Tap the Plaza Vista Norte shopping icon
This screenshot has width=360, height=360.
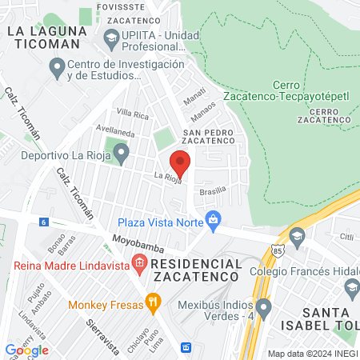213,218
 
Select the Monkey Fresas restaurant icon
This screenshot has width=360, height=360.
153,302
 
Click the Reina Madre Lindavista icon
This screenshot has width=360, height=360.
140,262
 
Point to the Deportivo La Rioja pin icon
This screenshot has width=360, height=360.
121,151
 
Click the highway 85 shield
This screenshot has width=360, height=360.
276,250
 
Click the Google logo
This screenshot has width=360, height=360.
26,350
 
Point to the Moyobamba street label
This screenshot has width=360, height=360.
133,239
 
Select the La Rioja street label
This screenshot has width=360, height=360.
167,178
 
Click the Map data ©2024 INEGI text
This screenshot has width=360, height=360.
311,353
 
